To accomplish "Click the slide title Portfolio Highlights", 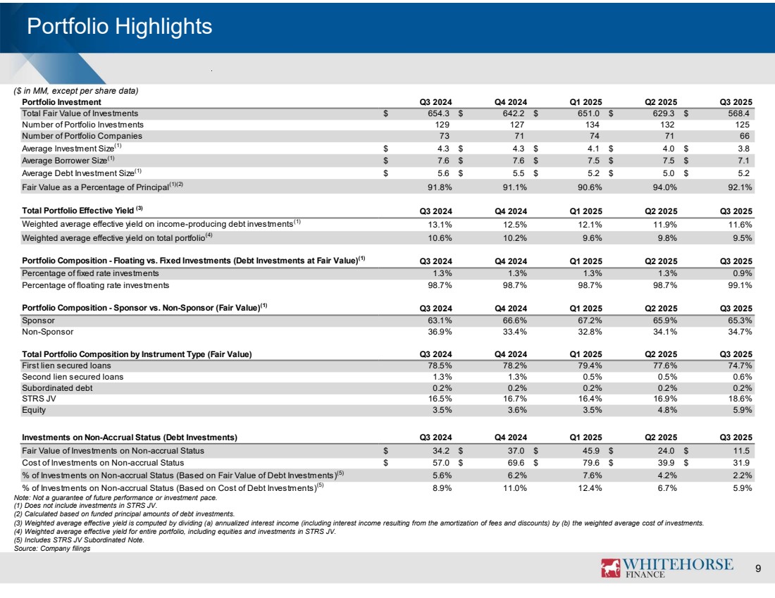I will point(118,27).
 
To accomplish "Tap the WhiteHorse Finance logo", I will point(666,568).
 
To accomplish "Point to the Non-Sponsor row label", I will point(47,331).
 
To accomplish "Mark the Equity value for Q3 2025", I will point(739,409).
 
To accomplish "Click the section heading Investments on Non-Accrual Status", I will point(129,435).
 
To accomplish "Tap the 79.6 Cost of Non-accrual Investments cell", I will point(589,462).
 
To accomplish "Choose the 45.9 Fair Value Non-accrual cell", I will point(589,449).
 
